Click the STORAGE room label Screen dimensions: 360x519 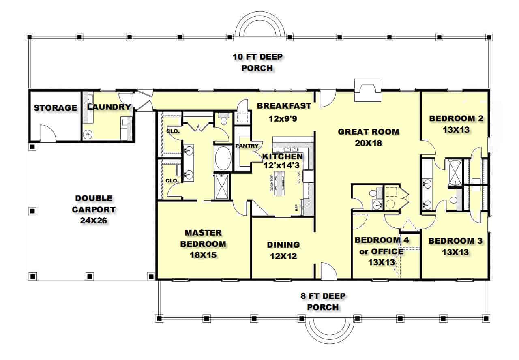pyautogui.click(x=55, y=108)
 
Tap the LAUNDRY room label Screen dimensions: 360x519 pyautogui.click(x=109, y=107)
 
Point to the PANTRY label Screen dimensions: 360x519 pyautogui.click(x=247, y=146)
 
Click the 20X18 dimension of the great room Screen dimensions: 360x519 pyautogui.click(x=368, y=143)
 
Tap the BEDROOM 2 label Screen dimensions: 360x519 pyautogui.click(x=456, y=119)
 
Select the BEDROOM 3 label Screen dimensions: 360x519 pyautogui.click(x=455, y=241)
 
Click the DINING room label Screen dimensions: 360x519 pyautogui.click(x=283, y=245)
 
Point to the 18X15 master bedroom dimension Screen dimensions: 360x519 pyautogui.click(x=203, y=255)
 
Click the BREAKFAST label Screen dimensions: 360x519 pyautogui.click(x=284, y=106)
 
